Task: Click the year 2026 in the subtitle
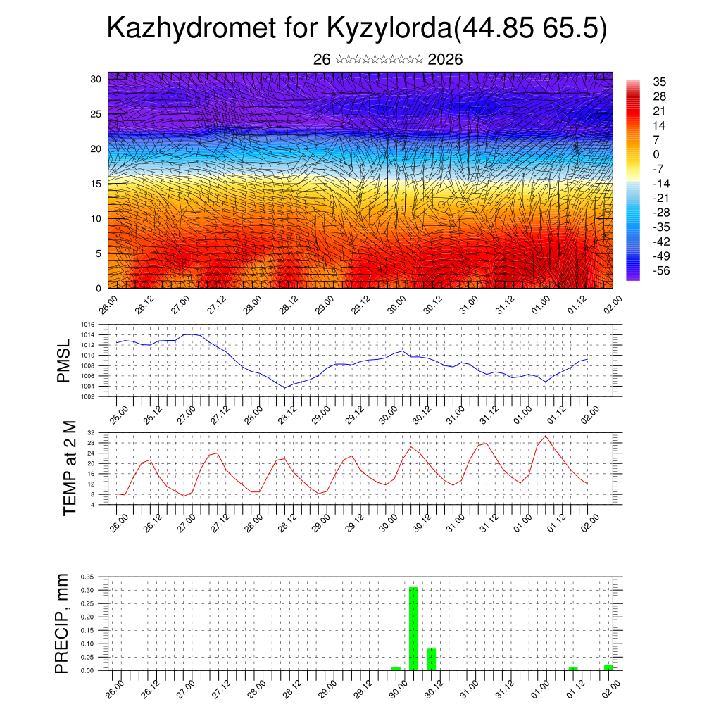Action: point(445,60)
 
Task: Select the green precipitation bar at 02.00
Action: point(608,667)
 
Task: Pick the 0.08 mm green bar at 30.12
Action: point(431,659)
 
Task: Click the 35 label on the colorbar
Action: point(660,82)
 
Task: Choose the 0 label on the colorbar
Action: point(657,154)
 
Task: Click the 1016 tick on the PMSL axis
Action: point(87,334)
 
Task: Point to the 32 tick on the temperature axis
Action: point(91,432)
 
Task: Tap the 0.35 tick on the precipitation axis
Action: point(87,577)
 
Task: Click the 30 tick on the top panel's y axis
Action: point(96,79)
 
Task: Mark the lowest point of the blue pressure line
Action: point(284,388)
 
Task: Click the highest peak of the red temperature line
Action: point(545,436)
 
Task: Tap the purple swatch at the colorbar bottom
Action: point(632,277)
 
